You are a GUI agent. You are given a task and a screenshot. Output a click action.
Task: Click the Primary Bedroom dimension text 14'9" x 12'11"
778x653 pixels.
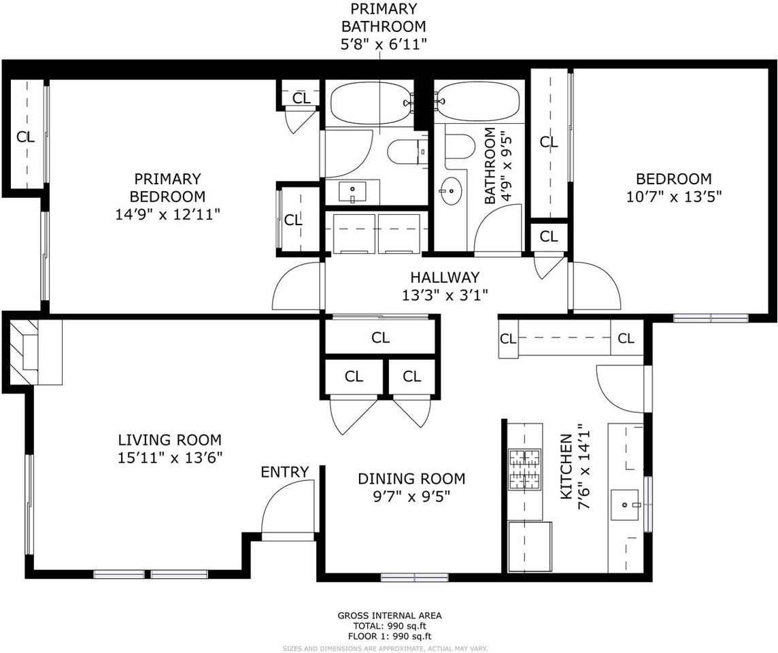167,214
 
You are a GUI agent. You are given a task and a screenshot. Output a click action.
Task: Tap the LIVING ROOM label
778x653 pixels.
169,440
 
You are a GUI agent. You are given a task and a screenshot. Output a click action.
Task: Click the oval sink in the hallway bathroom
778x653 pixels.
450,192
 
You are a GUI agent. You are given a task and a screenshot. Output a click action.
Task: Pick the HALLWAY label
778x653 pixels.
445,278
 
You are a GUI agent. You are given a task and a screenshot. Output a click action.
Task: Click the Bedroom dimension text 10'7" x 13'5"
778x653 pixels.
673,197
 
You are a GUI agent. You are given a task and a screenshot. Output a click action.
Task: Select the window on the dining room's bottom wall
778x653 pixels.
414,577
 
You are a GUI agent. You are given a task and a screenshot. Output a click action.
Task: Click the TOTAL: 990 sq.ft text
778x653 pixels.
390,626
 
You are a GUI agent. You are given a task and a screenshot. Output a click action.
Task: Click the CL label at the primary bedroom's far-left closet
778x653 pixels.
25,136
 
